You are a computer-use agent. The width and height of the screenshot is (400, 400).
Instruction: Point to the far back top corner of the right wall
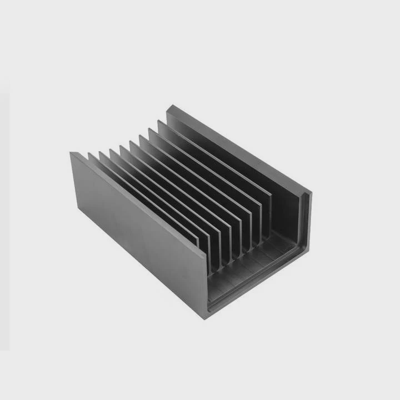167,105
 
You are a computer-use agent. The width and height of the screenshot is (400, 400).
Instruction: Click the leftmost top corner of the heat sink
71,153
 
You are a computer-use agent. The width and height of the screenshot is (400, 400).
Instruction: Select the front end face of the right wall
306,222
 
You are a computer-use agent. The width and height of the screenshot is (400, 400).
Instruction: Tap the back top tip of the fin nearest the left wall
89,153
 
